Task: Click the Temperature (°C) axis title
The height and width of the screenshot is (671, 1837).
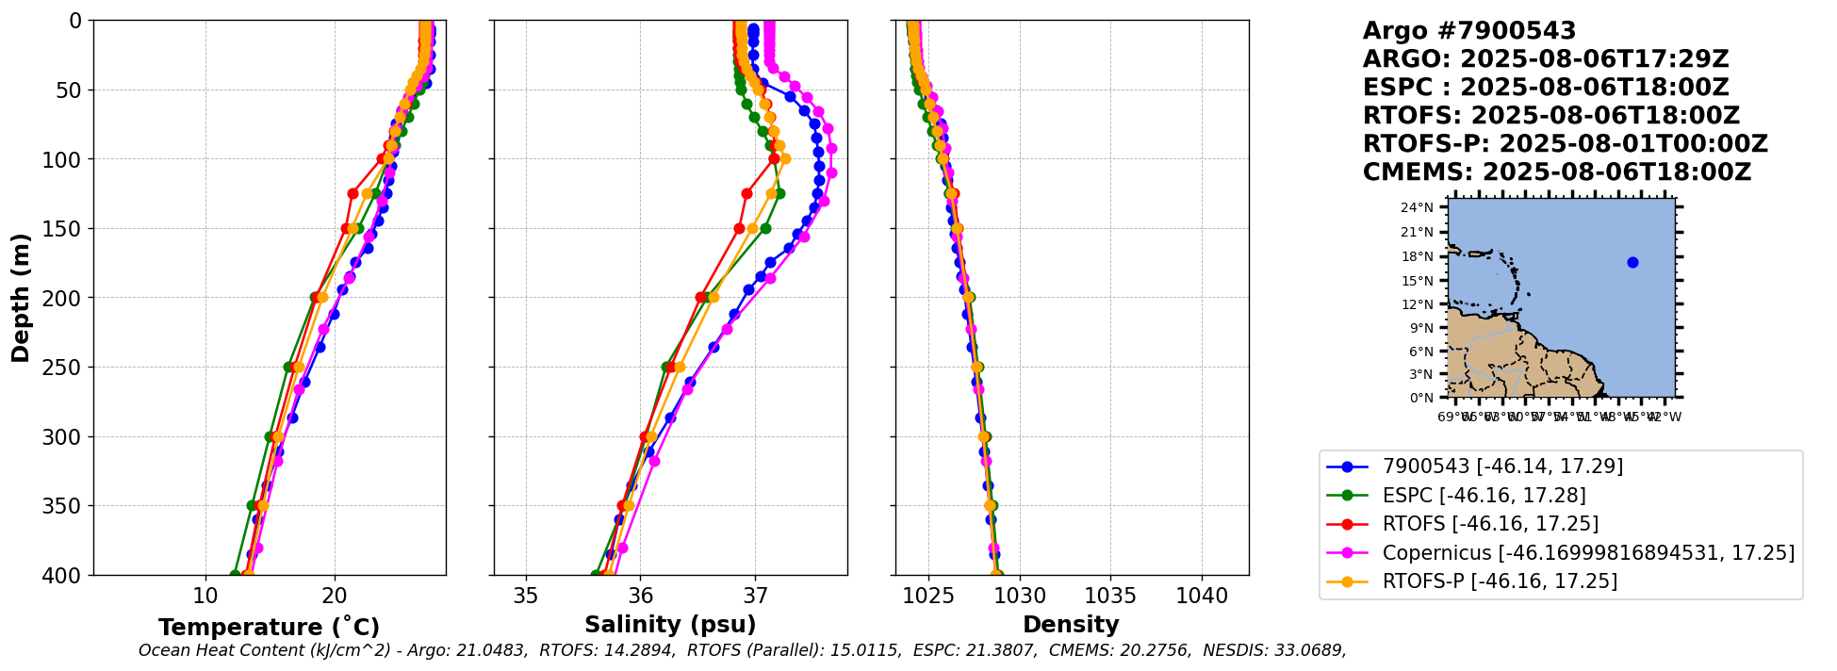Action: (269, 627)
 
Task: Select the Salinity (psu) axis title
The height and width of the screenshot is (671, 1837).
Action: (670, 625)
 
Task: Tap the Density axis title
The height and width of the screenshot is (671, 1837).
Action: (1071, 625)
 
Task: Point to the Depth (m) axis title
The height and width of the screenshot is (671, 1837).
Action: (21, 298)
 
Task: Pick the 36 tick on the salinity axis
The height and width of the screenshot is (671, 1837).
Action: (641, 597)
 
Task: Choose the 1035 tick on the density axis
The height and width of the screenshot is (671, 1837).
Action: (1110, 597)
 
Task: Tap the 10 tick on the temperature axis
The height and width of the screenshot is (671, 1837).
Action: (205, 597)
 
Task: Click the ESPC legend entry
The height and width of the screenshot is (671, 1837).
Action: (1484, 496)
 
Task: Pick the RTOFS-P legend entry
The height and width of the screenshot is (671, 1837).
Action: (1500, 581)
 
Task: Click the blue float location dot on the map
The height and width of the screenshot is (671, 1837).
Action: (1632, 262)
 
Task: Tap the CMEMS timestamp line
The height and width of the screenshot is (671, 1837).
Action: (1556, 172)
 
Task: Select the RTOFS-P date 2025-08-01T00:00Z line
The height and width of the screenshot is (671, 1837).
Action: (1565, 144)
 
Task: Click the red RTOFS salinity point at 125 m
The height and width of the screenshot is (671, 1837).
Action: (746, 193)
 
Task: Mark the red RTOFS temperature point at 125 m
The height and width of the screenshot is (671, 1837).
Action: (353, 193)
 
